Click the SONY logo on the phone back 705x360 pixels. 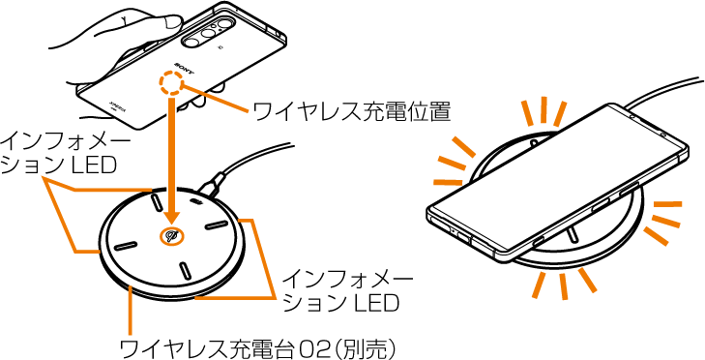[184, 69]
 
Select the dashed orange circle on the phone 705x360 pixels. [171, 84]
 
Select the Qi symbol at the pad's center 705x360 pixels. [171, 236]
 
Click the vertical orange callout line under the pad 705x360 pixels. [130, 315]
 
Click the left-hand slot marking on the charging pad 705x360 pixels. [126, 247]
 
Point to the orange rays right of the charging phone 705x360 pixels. [665, 219]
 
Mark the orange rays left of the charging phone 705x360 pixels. [453, 165]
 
